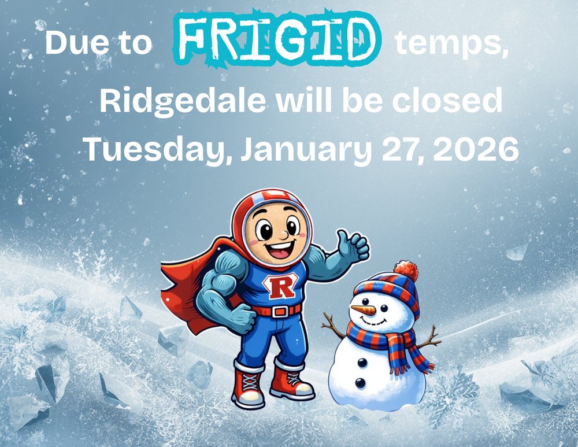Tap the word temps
coord(451,44)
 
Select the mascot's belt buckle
coord(281,312)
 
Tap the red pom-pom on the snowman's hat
coord(406,271)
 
